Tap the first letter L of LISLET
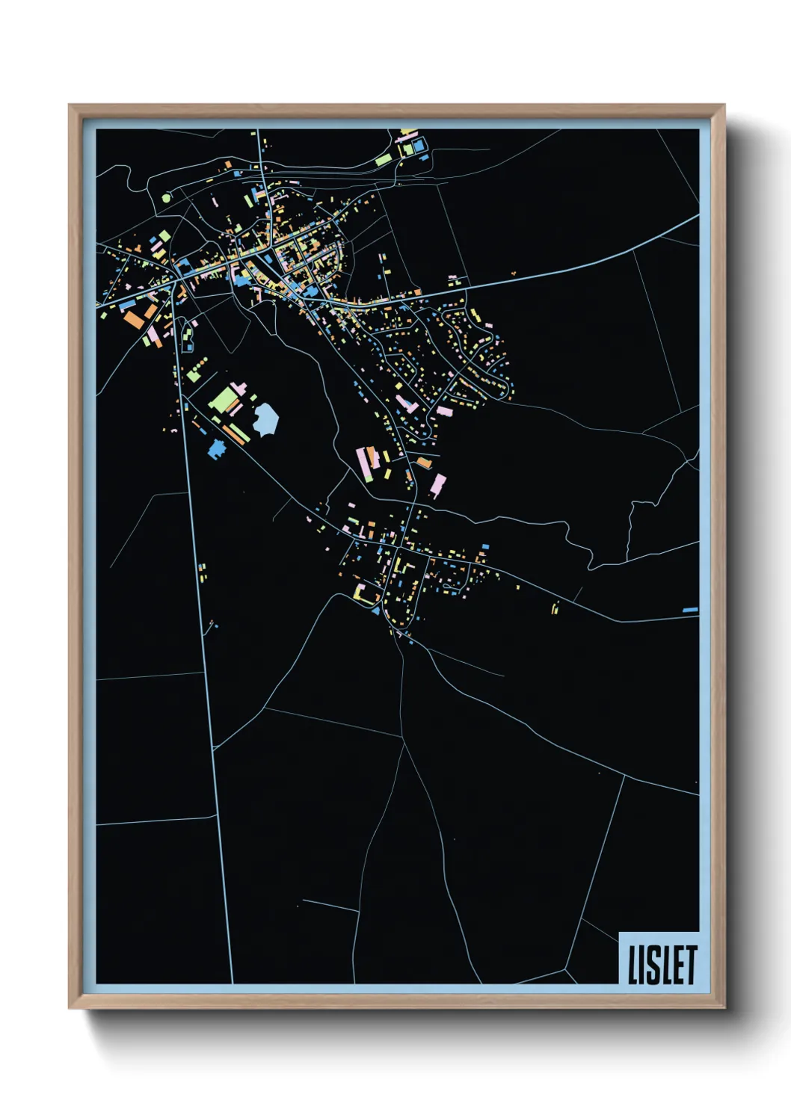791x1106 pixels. pyautogui.click(x=633, y=964)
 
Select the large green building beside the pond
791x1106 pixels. pyautogui.click(x=223, y=399)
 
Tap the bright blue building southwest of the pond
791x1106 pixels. pyautogui.click(x=217, y=448)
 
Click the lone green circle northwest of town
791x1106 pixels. pyautogui.click(x=166, y=198)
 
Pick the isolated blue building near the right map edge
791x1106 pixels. pyautogui.click(x=690, y=610)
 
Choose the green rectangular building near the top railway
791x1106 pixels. pyautogui.click(x=383, y=159)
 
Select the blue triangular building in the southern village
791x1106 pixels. pyautogui.click(x=375, y=611)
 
